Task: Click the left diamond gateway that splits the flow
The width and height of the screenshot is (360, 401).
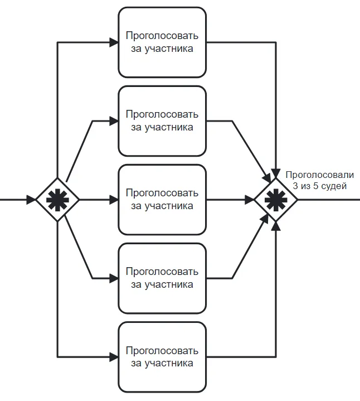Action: tap(57, 199)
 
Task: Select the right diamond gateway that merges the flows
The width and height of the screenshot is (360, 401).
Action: tap(276, 199)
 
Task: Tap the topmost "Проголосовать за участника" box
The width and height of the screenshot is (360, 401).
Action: tap(162, 42)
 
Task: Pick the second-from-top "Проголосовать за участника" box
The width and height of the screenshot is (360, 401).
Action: tap(162, 121)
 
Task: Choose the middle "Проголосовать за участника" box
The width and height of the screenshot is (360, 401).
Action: tap(162, 199)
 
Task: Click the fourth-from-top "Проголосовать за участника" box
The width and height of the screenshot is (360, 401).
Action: tap(162, 278)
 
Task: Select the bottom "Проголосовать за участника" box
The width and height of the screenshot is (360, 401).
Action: tap(162, 356)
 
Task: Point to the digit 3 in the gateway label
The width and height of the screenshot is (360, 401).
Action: tap(296, 186)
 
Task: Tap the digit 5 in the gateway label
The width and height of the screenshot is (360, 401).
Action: tap(316, 186)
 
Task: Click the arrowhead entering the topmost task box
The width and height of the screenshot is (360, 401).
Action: tap(114, 42)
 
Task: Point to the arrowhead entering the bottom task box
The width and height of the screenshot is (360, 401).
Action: tap(114, 356)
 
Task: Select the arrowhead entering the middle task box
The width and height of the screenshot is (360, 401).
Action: tap(114, 199)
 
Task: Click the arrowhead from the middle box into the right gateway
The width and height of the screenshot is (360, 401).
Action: tap(249, 199)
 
